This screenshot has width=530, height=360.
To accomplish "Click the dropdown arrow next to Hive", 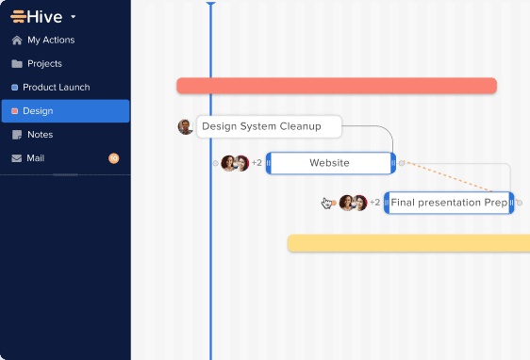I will click(74, 17).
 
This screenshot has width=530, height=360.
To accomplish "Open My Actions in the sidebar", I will click(63, 41).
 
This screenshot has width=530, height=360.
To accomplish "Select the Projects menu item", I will click(44, 64).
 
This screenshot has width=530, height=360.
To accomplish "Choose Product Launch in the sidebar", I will click(56, 88).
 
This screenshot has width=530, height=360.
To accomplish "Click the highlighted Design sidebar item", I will click(65, 111).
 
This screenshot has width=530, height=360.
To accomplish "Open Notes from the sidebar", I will click(40, 135).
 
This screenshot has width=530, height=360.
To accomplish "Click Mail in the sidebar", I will click(35, 158).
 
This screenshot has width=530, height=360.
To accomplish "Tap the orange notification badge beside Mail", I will click(114, 158).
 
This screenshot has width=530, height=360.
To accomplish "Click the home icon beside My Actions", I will click(17, 41).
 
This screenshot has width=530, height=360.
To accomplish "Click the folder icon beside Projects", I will click(17, 64).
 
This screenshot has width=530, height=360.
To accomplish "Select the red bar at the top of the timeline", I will click(336, 86).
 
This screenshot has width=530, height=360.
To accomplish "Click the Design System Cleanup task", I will click(268, 126).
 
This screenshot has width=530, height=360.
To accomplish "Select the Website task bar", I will click(329, 163).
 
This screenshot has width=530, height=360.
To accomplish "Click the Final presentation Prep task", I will click(448, 203).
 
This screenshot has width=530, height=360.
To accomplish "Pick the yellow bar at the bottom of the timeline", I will click(407, 243).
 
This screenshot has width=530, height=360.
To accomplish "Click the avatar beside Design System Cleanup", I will click(186, 126).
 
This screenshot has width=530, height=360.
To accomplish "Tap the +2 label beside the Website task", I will click(257, 163).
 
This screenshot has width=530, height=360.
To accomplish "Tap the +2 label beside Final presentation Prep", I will click(374, 203).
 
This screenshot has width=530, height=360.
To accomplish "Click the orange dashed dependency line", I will click(449, 176).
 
